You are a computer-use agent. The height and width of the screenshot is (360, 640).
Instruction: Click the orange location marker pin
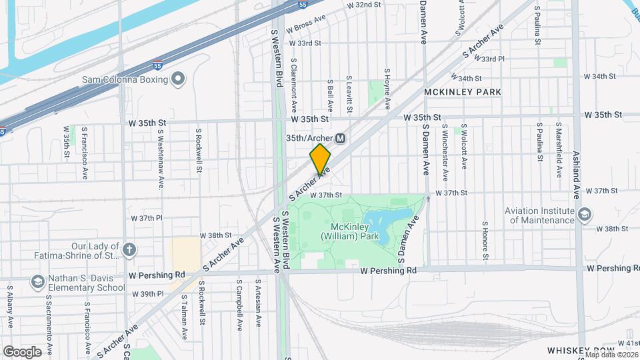click(x=320, y=159)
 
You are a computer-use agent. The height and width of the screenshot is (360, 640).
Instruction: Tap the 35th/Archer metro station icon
click(x=341, y=138)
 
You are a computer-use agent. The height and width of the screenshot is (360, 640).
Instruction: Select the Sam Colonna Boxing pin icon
click(x=177, y=80)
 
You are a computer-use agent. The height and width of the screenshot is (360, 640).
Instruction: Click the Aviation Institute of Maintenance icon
click(x=585, y=214)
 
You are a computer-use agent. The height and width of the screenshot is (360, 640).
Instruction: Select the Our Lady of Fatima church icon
click(x=129, y=251)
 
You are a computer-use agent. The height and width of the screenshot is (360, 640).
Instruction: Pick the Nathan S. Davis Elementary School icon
click(x=37, y=283)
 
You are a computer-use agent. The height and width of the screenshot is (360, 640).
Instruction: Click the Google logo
click(x=22, y=351)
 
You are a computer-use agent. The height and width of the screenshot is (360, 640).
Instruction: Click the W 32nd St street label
click(x=363, y=5)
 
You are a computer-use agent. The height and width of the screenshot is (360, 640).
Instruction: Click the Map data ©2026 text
click(x=610, y=354)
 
